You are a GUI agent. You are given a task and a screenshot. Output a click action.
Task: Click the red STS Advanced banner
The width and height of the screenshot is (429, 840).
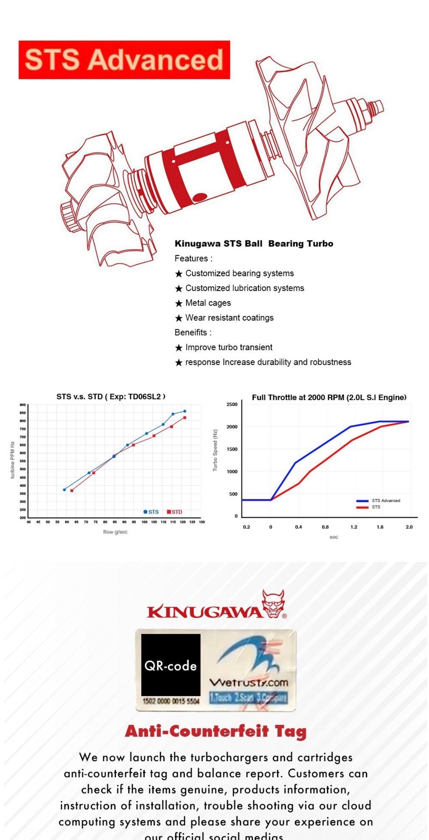click(x=124, y=60)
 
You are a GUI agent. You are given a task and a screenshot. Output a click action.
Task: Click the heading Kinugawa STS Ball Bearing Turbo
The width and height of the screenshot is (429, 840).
click(x=254, y=244)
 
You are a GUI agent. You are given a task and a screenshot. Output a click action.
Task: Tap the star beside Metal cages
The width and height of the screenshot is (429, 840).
click(x=179, y=303)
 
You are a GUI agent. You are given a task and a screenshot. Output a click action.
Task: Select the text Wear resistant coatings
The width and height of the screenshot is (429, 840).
click(x=229, y=318)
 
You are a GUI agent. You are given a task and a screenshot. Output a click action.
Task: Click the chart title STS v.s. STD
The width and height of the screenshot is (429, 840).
click(x=111, y=396)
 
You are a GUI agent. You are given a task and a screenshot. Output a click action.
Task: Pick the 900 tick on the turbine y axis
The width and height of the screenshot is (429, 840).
click(x=23, y=405)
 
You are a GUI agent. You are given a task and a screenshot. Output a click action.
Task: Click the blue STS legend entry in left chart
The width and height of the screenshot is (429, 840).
click(x=151, y=512)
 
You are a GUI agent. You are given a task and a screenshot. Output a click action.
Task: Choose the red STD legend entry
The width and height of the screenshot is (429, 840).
click(x=175, y=512)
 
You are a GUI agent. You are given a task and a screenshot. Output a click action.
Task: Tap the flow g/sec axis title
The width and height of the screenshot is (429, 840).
click(x=115, y=532)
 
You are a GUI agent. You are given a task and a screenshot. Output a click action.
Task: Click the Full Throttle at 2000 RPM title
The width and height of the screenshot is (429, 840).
click(x=329, y=397)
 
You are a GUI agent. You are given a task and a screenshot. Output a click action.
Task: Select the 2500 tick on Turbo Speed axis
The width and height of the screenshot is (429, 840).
click(x=232, y=404)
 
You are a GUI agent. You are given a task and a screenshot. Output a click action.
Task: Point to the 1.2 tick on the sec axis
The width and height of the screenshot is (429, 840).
click(x=354, y=527)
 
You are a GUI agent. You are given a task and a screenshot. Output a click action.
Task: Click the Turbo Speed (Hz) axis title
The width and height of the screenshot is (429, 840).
click(x=215, y=450)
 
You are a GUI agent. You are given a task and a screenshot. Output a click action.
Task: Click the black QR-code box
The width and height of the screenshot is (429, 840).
click(x=171, y=665)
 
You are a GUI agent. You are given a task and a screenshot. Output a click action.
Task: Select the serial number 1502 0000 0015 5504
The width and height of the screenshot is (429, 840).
click(x=171, y=701)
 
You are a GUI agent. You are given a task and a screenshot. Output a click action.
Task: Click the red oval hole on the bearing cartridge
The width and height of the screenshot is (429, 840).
click(x=199, y=197)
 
